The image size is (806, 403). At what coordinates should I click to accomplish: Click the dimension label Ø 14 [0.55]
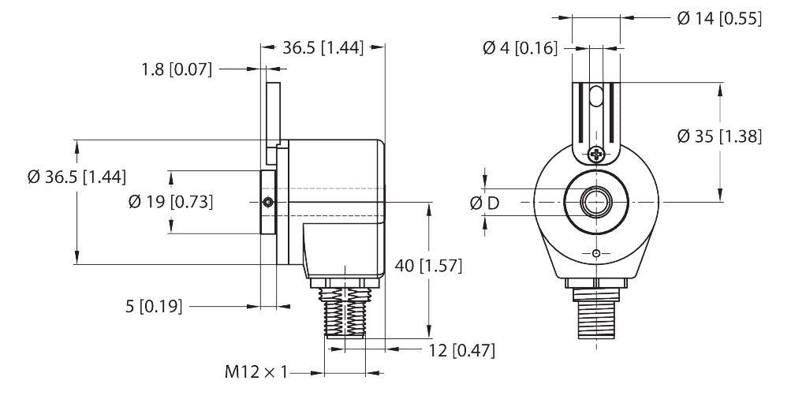pyautogui.click(x=718, y=19)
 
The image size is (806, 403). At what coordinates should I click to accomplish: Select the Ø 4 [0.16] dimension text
pyautogui.click(x=520, y=49)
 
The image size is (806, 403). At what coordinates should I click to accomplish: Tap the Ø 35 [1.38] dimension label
pyautogui.click(x=719, y=136)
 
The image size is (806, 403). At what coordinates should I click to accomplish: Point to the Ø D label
pyautogui.click(x=484, y=203)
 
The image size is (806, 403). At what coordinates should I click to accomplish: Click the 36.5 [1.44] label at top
pyautogui.click(x=322, y=48)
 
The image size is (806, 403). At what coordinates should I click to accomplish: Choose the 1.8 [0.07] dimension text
pyautogui.click(x=177, y=69)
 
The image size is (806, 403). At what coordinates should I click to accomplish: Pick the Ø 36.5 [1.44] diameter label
pyautogui.click(x=76, y=177)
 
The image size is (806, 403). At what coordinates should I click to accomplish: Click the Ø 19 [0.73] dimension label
pyautogui.click(x=170, y=202)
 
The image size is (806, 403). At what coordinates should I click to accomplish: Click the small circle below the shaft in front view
pyautogui.click(x=596, y=253)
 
